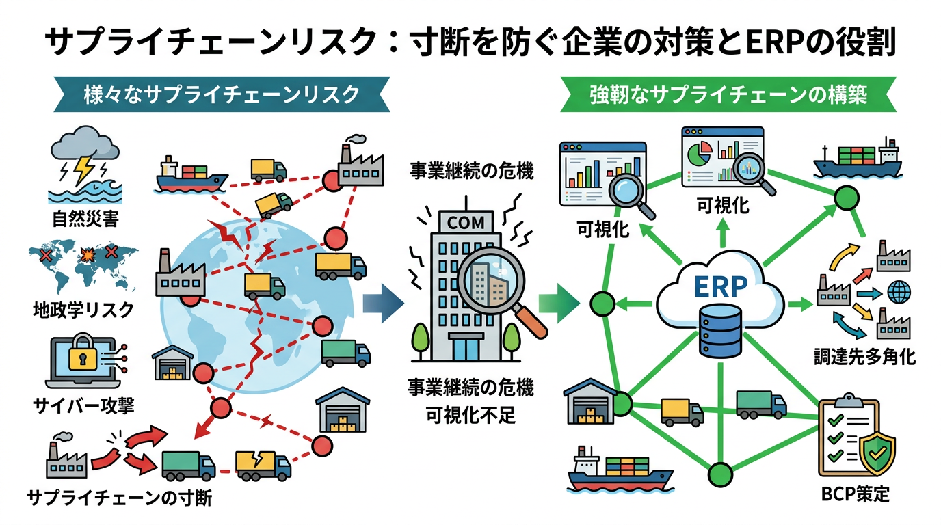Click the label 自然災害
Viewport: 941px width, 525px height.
coord(84,220)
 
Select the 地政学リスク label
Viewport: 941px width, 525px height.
coord(83,309)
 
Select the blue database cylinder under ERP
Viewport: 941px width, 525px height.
coord(719,332)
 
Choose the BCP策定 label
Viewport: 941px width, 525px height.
coord(855,494)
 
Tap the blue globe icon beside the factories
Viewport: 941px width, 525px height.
coord(899,293)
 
